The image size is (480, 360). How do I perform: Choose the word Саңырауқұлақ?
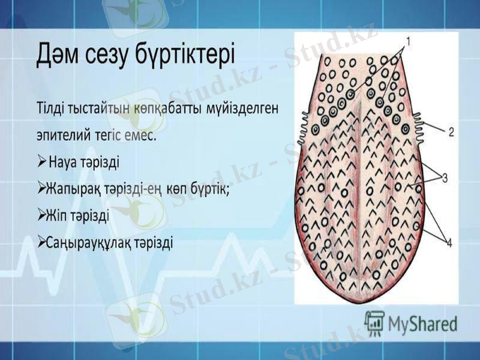click(89, 243)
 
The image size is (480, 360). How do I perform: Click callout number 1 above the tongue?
click(408, 41)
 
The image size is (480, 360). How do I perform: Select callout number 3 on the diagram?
click(445, 178)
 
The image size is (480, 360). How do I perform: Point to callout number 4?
click(449, 242)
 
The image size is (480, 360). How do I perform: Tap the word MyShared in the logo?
click(422, 323)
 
